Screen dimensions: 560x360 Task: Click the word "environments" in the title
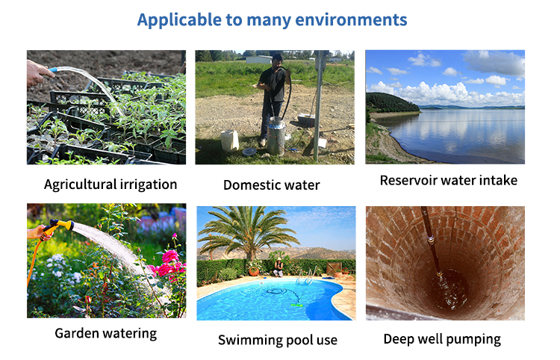pos(351,19)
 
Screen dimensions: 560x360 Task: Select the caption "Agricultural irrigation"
pos(111,184)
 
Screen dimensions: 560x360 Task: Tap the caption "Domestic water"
pos(272,185)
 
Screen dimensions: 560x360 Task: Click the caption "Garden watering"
pos(106,334)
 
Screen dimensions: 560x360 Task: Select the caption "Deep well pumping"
pos(442,339)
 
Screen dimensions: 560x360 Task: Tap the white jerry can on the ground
pos(230,140)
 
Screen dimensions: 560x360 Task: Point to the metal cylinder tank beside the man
pos(276,137)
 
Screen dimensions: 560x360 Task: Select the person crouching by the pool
pos(279,268)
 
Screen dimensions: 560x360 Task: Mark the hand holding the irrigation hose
pos(39,73)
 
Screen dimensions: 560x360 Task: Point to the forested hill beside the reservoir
pos(391,103)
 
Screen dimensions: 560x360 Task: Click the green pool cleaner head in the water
pos(296,305)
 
